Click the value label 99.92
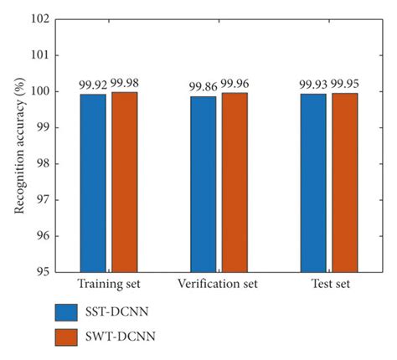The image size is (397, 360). [x=92, y=85]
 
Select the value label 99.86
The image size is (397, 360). [x=202, y=86]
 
